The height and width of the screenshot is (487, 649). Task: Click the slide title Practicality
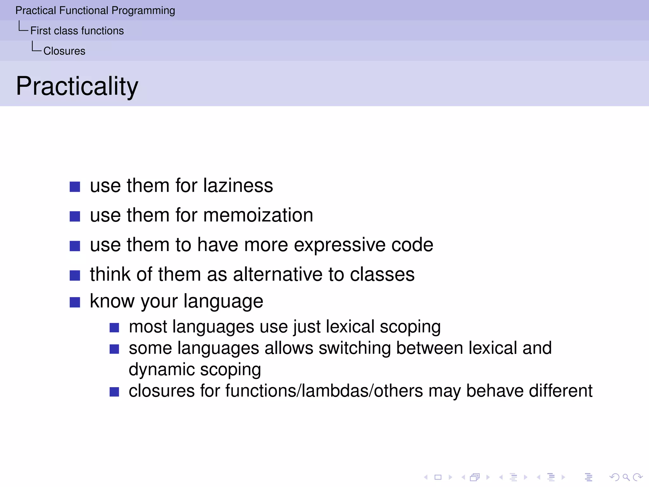[x=77, y=86]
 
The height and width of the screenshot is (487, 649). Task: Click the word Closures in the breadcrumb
[x=64, y=51]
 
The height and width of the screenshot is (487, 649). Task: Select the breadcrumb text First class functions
[x=77, y=31]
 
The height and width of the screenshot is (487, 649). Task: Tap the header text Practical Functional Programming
[x=95, y=10]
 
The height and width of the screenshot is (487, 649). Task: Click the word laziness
[x=238, y=185]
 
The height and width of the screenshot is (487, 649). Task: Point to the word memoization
[x=258, y=215]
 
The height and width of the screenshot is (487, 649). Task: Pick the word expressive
[x=340, y=245]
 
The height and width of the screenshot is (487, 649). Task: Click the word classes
[x=382, y=274]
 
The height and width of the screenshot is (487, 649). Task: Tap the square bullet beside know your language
[x=75, y=302]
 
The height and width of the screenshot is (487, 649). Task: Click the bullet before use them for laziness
[x=75, y=187]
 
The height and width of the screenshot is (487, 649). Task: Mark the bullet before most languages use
[x=114, y=328]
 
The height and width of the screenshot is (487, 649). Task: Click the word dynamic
[x=162, y=370]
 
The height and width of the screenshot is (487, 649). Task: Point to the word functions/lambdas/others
[x=324, y=391]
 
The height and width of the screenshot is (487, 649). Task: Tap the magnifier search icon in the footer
[x=626, y=477]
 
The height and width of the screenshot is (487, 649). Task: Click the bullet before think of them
[x=75, y=275]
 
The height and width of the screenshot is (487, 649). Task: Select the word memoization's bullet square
[x=75, y=216]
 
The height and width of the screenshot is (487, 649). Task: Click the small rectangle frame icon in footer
[x=438, y=477]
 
